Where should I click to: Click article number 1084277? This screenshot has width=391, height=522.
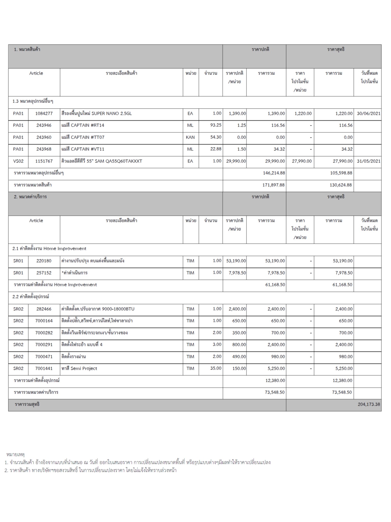pos(44,113)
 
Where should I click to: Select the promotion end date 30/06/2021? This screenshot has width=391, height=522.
pos(368,113)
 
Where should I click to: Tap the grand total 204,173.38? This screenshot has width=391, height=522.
pos(369,404)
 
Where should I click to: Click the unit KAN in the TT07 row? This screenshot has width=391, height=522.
pos(190,137)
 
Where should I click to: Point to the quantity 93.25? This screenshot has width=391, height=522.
pos(216,125)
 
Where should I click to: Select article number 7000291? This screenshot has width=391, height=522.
pos(44,345)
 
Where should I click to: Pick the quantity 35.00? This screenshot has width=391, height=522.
pos(216,368)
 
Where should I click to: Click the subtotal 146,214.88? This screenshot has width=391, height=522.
pos(274,173)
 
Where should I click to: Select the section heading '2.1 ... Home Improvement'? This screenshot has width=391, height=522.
pos(49,249)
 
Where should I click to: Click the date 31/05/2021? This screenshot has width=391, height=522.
pos(368,161)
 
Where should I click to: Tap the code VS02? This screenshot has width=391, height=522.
pos(18,161)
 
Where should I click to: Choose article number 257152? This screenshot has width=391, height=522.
pos(44,273)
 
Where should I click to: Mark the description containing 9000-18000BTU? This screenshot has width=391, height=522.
pos(98,309)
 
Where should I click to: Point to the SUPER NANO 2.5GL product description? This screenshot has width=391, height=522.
pos(96,113)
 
